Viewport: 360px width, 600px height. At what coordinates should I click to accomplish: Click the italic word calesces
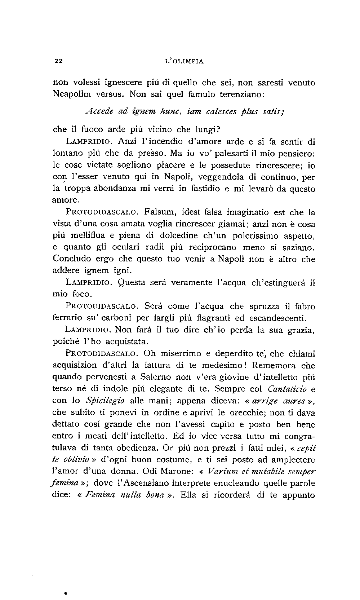[x=221, y=112]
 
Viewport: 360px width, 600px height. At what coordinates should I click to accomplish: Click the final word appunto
[x=298, y=495]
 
